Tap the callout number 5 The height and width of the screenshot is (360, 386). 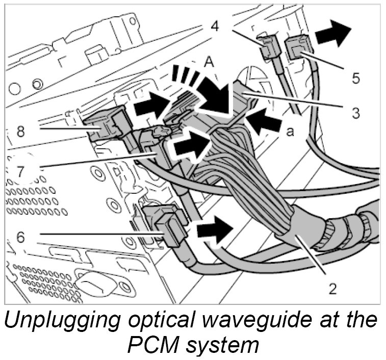point(356,78)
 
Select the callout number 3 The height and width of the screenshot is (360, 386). point(356,112)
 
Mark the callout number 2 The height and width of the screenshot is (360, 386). point(332,289)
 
